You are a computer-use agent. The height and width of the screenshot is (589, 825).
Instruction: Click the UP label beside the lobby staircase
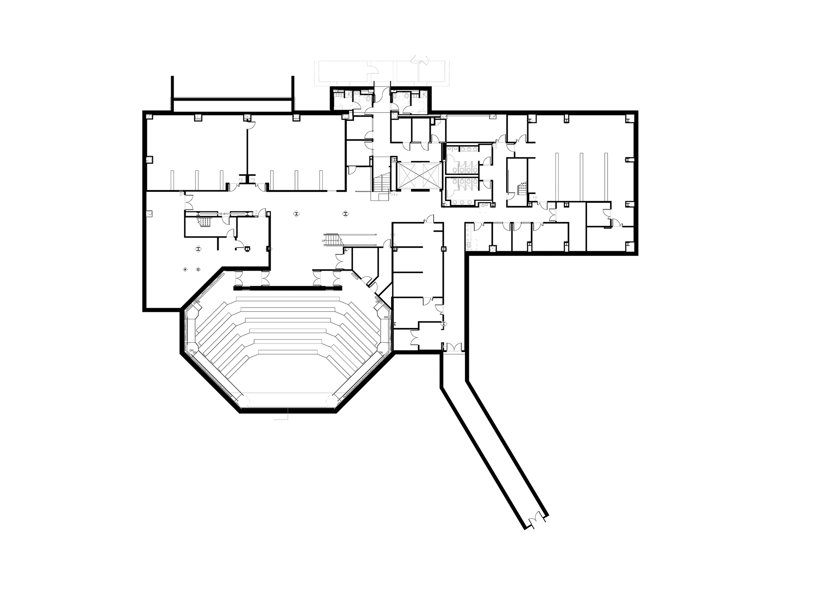(x=324, y=240)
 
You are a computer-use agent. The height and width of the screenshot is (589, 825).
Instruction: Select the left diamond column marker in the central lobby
(x=297, y=213)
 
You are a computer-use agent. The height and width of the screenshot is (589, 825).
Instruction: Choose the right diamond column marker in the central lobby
(x=345, y=213)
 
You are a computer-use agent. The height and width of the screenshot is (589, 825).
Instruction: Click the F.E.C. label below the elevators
(x=394, y=193)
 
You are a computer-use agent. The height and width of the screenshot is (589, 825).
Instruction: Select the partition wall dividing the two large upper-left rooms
(x=247, y=153)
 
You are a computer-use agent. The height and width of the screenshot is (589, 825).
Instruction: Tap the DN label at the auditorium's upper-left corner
(x=198, y=302)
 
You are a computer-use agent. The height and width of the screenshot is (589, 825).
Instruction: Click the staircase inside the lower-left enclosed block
(x=205, y=221)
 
